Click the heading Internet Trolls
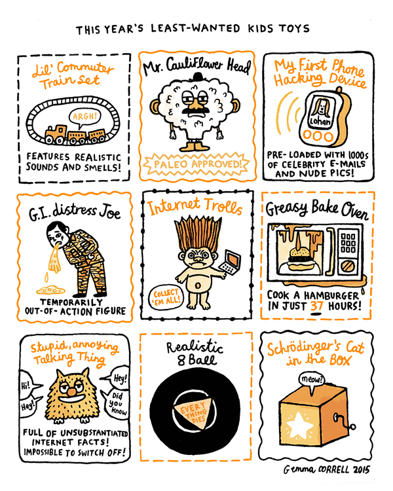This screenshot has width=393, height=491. (196, 209)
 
